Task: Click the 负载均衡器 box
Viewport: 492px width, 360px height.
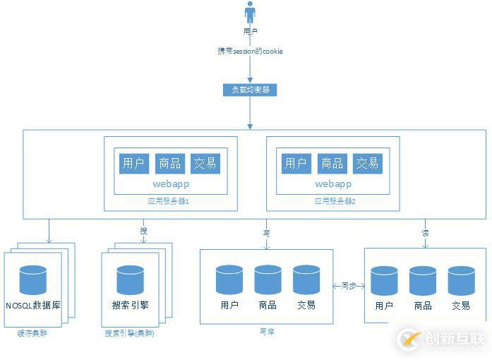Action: pos(250,90)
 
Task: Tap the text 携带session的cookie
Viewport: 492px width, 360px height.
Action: pos(250,52)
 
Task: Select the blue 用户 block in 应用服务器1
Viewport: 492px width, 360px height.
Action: pos(133,163)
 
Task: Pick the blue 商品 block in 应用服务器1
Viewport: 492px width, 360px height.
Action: pos(169,163)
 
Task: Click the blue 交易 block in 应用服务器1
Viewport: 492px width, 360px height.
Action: pos(205,163)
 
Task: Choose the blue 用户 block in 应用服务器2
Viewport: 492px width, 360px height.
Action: pos(295,163)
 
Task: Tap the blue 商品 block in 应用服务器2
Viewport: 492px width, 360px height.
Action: pos(332,163)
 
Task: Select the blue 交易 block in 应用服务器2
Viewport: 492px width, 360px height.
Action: pos(367,163)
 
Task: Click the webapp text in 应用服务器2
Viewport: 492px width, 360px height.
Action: pos(332,184)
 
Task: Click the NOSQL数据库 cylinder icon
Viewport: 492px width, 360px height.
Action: pos(33,280)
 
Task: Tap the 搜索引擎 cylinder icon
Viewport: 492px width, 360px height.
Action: pos(131,280)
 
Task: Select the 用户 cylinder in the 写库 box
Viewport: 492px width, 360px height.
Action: pos(229,279)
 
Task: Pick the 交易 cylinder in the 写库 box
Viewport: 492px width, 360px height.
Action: pos(306,279)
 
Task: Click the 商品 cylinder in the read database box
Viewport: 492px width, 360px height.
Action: pos(423,280)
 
